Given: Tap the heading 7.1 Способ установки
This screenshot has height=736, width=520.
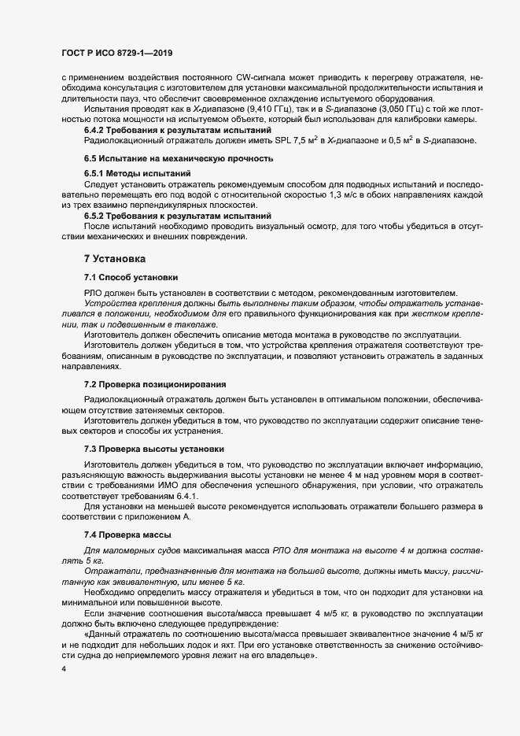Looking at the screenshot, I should tap(131, 277).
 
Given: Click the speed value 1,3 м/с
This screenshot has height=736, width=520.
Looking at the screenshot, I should tap(334, 194).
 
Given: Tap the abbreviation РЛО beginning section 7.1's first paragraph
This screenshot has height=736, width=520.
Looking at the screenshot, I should tap(94, 293).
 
